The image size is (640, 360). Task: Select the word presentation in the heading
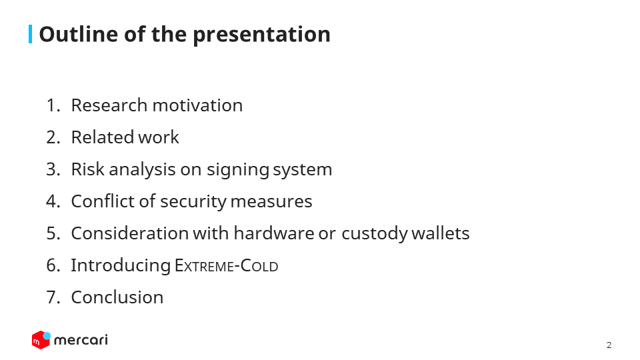(261, 35)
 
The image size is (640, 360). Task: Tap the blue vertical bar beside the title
(30, 34)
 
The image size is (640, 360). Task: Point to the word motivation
(197, 105)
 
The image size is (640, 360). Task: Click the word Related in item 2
(103, 137)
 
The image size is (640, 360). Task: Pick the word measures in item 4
(271, 201)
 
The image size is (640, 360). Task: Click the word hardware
(274, 233)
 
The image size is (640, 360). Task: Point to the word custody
(374, 234)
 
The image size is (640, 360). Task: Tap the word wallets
(441, 233)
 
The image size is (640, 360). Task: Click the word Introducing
(121, 266)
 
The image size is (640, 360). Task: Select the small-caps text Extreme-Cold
(227, 266)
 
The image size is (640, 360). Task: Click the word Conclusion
(117, 297)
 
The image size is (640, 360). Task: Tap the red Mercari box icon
(41, 340)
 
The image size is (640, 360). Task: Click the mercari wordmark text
(81, 340)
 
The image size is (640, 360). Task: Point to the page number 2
(609, 345)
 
